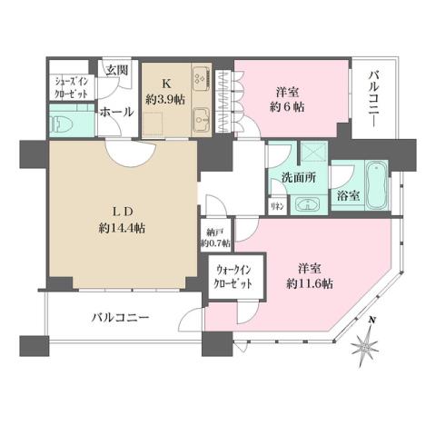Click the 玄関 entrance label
[x=117, y=69]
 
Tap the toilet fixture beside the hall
[x=64, y=121]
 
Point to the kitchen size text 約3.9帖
[x=167, y=99]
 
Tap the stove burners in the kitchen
[x=202, y=77]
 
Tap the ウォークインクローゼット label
[x=234, y=275]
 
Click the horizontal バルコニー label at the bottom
[x=120, y=318]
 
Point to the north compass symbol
[x=367, y=344]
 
